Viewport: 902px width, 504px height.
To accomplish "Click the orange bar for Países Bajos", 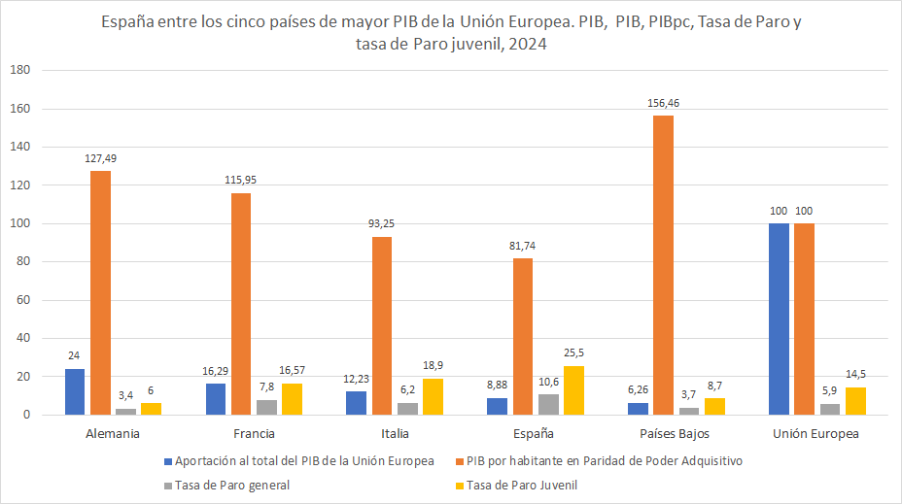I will pos(664,265).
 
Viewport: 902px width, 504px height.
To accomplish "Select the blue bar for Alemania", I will pos(75,392).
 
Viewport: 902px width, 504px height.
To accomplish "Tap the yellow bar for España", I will pos(573,390).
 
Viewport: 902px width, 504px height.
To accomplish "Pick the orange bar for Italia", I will pos(383,325).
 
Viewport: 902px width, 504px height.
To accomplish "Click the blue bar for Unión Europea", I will pos(779,319).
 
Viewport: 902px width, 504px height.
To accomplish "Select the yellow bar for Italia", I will pos(433,396).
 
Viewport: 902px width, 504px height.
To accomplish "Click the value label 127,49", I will pos(100,158).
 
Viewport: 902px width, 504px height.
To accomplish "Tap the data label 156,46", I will pos(664,102).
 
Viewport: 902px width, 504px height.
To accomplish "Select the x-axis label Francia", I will pos(255,434).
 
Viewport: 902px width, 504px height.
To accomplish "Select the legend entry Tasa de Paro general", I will pos(232,485).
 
